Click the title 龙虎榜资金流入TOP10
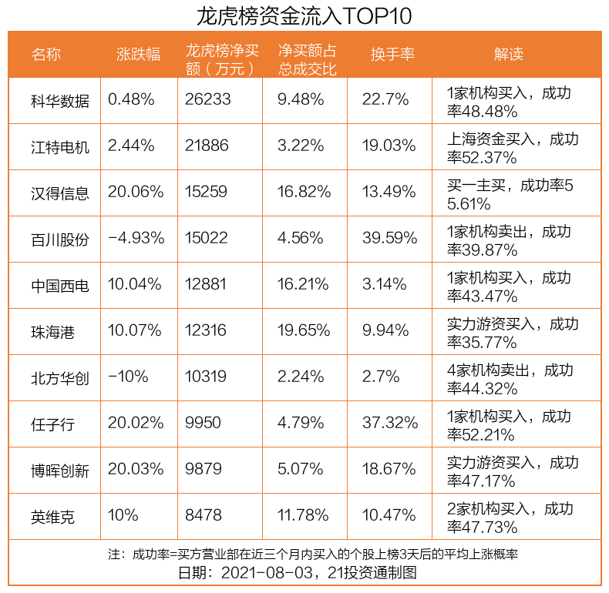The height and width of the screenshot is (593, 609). coord(304,15)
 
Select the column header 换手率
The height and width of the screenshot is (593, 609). coord(392,54)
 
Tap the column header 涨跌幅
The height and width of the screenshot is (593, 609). coord(138,54)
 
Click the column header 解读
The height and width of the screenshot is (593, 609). coord(509,54)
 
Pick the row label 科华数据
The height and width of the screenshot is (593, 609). coord(59,100)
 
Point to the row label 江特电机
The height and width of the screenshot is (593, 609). coord(59,146)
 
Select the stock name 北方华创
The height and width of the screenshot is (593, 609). coord(59,377)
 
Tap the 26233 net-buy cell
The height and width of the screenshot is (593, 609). coord(207,99)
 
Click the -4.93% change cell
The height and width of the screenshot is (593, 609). coord(136,238)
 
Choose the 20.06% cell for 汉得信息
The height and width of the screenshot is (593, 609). coord(136,192)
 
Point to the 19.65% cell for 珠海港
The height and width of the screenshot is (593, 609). coord(304,330)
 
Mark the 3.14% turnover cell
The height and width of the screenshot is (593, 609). coord(384,284)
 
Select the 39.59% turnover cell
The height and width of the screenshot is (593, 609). coord(389,238)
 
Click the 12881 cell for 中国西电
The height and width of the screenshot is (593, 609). coord(206,284)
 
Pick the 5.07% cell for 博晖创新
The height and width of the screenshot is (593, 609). coord(300,469)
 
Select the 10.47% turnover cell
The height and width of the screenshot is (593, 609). coord(389,515)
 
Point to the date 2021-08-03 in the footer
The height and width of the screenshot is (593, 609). coord(269,573)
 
